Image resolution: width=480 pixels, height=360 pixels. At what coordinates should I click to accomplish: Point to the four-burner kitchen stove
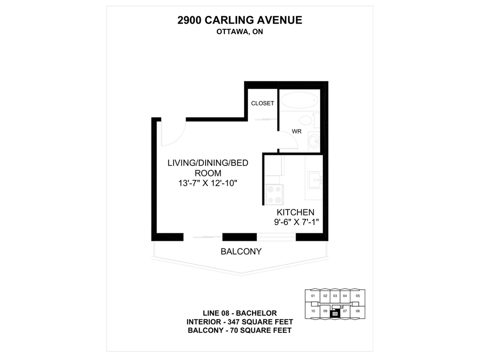tap(273, 194)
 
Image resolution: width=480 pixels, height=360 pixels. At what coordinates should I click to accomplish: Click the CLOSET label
tap(262, 103)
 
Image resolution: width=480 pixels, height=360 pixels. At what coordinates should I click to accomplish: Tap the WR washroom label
tap(297, 131)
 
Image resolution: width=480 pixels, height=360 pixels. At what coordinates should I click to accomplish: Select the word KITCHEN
tap(295, 212)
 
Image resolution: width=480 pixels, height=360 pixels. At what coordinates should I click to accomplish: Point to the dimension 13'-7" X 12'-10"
tap(207, 183)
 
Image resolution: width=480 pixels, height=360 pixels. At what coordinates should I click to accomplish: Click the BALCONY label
tap(241, 251)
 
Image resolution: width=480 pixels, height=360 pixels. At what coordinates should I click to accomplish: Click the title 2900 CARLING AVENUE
tap(240, 20)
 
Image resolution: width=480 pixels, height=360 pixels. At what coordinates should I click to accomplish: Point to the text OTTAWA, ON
tap(239, 31)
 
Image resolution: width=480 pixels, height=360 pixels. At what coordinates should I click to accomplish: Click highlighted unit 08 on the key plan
tap(335, 314)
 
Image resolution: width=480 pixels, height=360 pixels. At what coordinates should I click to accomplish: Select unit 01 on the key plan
tap(313, 296)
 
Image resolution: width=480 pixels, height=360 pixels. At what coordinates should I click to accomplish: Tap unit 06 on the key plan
tap(357, 311)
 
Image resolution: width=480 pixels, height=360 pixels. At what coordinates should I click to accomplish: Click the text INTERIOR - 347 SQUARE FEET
tap(239, 322)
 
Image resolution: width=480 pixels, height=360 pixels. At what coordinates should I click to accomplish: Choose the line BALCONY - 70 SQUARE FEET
tap(239, 330)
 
